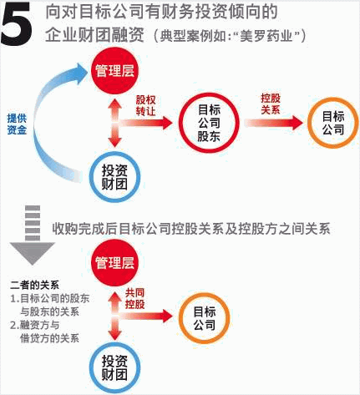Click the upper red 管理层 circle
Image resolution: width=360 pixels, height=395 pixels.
[x=114, y=71]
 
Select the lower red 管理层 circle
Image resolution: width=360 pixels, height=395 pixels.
[x=114, y=263]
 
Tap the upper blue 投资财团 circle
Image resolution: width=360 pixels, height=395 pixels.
[x=114, y=177]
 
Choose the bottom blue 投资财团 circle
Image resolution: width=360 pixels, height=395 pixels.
[x=114, y=367]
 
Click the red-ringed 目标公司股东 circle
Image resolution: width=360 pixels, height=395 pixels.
[x=209, y=123]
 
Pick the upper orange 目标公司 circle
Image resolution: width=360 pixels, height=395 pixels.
[x=333, y=123]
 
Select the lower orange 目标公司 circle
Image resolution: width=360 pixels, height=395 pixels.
[x=205, y=318]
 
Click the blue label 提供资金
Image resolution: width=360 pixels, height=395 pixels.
[x=17, y=124]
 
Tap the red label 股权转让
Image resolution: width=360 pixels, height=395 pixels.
[x=145, y=105]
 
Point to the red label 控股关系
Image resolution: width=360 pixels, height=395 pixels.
[x=271, y=104]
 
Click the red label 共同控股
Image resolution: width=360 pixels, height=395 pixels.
[x=134, y=299]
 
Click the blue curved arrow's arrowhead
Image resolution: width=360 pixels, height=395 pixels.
[x=80, y=73]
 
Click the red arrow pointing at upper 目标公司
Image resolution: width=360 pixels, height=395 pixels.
[x=274, y=123]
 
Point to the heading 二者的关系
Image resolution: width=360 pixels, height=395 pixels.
[x=34, y=285]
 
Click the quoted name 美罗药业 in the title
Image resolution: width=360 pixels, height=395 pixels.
[x=266, y=37]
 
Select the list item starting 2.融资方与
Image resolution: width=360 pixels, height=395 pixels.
[x=44, y=332]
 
